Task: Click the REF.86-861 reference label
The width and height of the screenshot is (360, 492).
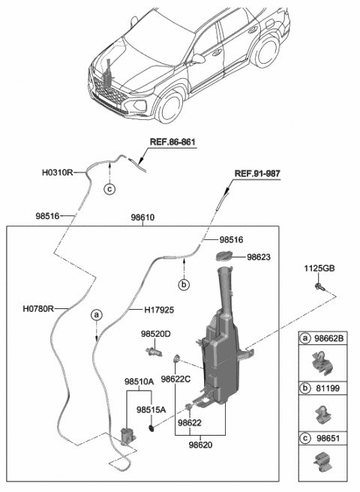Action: pos(172,142)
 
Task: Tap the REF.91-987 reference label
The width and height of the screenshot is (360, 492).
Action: pos(257,173)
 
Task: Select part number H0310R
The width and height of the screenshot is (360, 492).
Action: pos(58,172)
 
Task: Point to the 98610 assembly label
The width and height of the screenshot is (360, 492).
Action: pos(142,217)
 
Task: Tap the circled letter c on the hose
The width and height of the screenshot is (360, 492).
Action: pos(109,189)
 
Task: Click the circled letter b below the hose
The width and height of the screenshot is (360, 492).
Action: pos(184,284)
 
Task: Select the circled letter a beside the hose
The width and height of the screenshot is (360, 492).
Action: pos(96,314)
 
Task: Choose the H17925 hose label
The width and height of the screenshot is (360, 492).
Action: pos(159,310)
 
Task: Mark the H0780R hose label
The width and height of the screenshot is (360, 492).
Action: pos(38,309)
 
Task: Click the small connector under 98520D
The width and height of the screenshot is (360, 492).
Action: pos(154,352)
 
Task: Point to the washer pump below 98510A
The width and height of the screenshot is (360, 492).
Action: pos(127,436)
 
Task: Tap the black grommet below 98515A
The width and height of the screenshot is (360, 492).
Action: pos(151,427)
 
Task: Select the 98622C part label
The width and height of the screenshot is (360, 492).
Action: pos(175,379)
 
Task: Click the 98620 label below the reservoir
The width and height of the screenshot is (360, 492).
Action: pos(200,445)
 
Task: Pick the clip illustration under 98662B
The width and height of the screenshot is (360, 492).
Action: pos(322,364)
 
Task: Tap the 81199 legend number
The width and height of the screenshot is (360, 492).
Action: pos(328,388)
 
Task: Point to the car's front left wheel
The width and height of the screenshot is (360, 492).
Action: pos(169,107)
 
